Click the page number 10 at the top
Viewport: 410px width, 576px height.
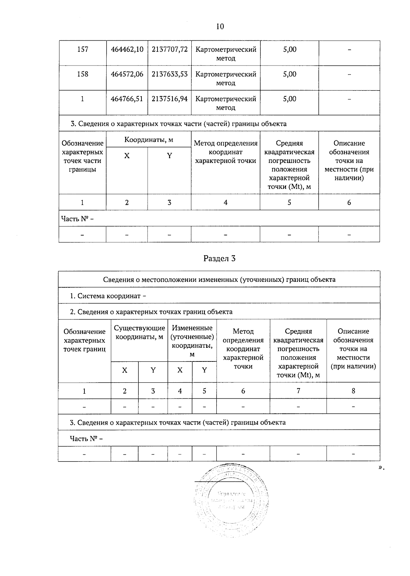coord(220,27)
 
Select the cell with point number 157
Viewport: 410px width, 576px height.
coord(83,50)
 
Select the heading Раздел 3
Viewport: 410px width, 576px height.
coord(219,259)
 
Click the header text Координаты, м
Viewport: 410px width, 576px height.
coord(149,140)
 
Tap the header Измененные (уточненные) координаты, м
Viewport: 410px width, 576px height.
coord(192,341)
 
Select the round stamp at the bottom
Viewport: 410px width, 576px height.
coord(231,501)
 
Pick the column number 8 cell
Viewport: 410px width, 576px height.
coord(353,391)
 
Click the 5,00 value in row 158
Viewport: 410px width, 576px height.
coord(289,74)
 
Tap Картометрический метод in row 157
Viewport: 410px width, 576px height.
coord(225,54)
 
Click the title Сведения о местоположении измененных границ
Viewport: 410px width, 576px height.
coord(219,280)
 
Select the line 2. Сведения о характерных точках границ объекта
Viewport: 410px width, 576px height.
coord(151,312)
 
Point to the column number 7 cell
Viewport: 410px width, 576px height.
coord(298,391)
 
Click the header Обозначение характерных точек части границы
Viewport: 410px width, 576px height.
coord(82,156)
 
